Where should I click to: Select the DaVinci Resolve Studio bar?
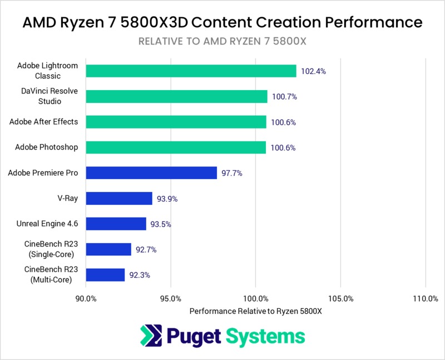(x=176, y=96)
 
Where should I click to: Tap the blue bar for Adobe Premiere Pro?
(x=151, y=173)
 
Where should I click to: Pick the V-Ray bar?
(x=119, y=199)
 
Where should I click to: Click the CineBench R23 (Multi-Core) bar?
(x=105, y=275)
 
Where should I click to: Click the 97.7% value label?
(x=233, y=173)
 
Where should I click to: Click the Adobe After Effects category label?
(x=44, y=122)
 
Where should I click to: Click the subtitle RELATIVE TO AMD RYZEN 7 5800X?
(x=222, y=41)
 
